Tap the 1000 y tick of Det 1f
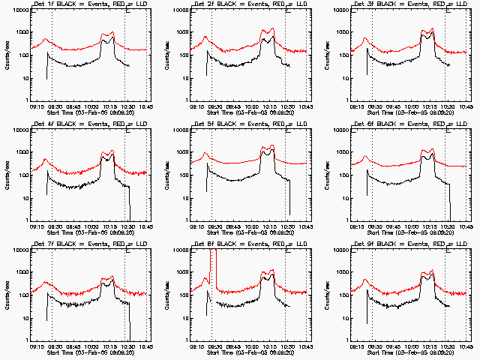click(21, 33)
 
